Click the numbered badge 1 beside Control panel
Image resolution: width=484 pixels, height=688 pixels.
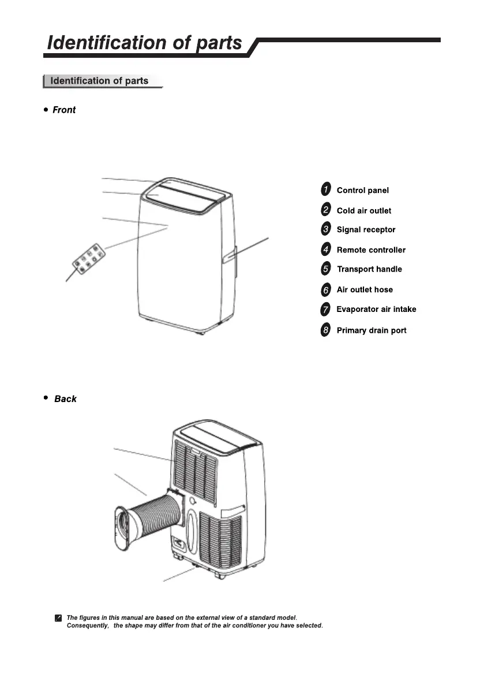tap(326, 189)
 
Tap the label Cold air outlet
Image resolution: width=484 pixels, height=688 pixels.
tap(363, 211)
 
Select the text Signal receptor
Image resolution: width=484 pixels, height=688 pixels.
tap(366, 230)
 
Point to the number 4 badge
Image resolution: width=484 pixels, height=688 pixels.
tap(326, 250)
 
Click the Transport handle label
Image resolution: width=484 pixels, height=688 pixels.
tap(369, 269)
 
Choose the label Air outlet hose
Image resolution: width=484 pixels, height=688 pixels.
tap(365, 290)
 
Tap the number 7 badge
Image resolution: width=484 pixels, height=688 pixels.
tap(326, 310)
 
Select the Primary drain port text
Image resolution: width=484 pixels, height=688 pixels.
tap(372, 330)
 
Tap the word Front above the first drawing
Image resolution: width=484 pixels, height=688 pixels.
tap(64, 110)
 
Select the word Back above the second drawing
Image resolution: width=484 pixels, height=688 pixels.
tap(65, 399)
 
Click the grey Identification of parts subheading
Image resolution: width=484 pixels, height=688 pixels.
tap(99, 81)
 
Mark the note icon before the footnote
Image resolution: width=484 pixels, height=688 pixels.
tap(58, 619)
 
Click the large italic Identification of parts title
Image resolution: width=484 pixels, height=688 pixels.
tap(145, 43)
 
